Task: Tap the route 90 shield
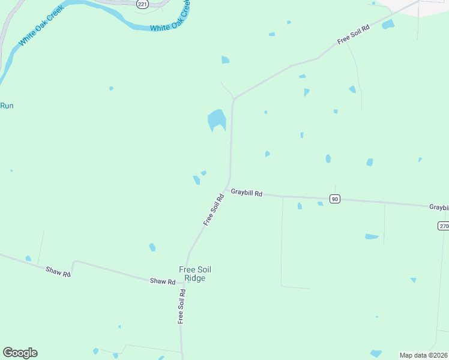[335, 199]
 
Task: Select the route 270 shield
[443, 226]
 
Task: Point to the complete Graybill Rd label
[247, 193]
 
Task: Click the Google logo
[20, 353]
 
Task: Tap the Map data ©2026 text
[423, 355]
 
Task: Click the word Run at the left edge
[7, 106]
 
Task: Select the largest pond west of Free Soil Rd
[217, 120]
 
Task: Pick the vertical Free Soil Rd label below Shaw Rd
[181, 307]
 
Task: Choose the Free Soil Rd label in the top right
[353, 34]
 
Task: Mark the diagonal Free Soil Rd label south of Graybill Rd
[214, 209]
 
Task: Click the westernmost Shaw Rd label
[58, 271]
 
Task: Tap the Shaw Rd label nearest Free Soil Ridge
[163, 281]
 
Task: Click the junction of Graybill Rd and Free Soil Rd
[228, 189]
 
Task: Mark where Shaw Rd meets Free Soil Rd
[184, 282]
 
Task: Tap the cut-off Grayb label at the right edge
[439, 207]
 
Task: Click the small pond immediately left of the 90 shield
[321, 203]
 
